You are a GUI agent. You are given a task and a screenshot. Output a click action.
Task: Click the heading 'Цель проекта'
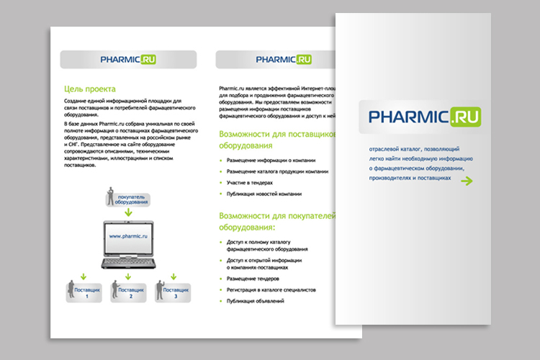click(x=89, y=89)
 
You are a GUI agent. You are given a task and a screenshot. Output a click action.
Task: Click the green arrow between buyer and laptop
click(x=128, y=212)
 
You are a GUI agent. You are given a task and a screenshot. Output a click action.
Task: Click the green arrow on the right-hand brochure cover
click(x=467, y=180)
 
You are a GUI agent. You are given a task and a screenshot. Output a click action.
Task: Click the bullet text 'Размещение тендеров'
click(x=253, y=278)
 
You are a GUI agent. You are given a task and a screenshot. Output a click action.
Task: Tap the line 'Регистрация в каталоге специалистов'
click(x=271, y=289)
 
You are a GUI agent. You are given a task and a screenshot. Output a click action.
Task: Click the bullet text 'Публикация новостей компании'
click(x=264, y=194)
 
